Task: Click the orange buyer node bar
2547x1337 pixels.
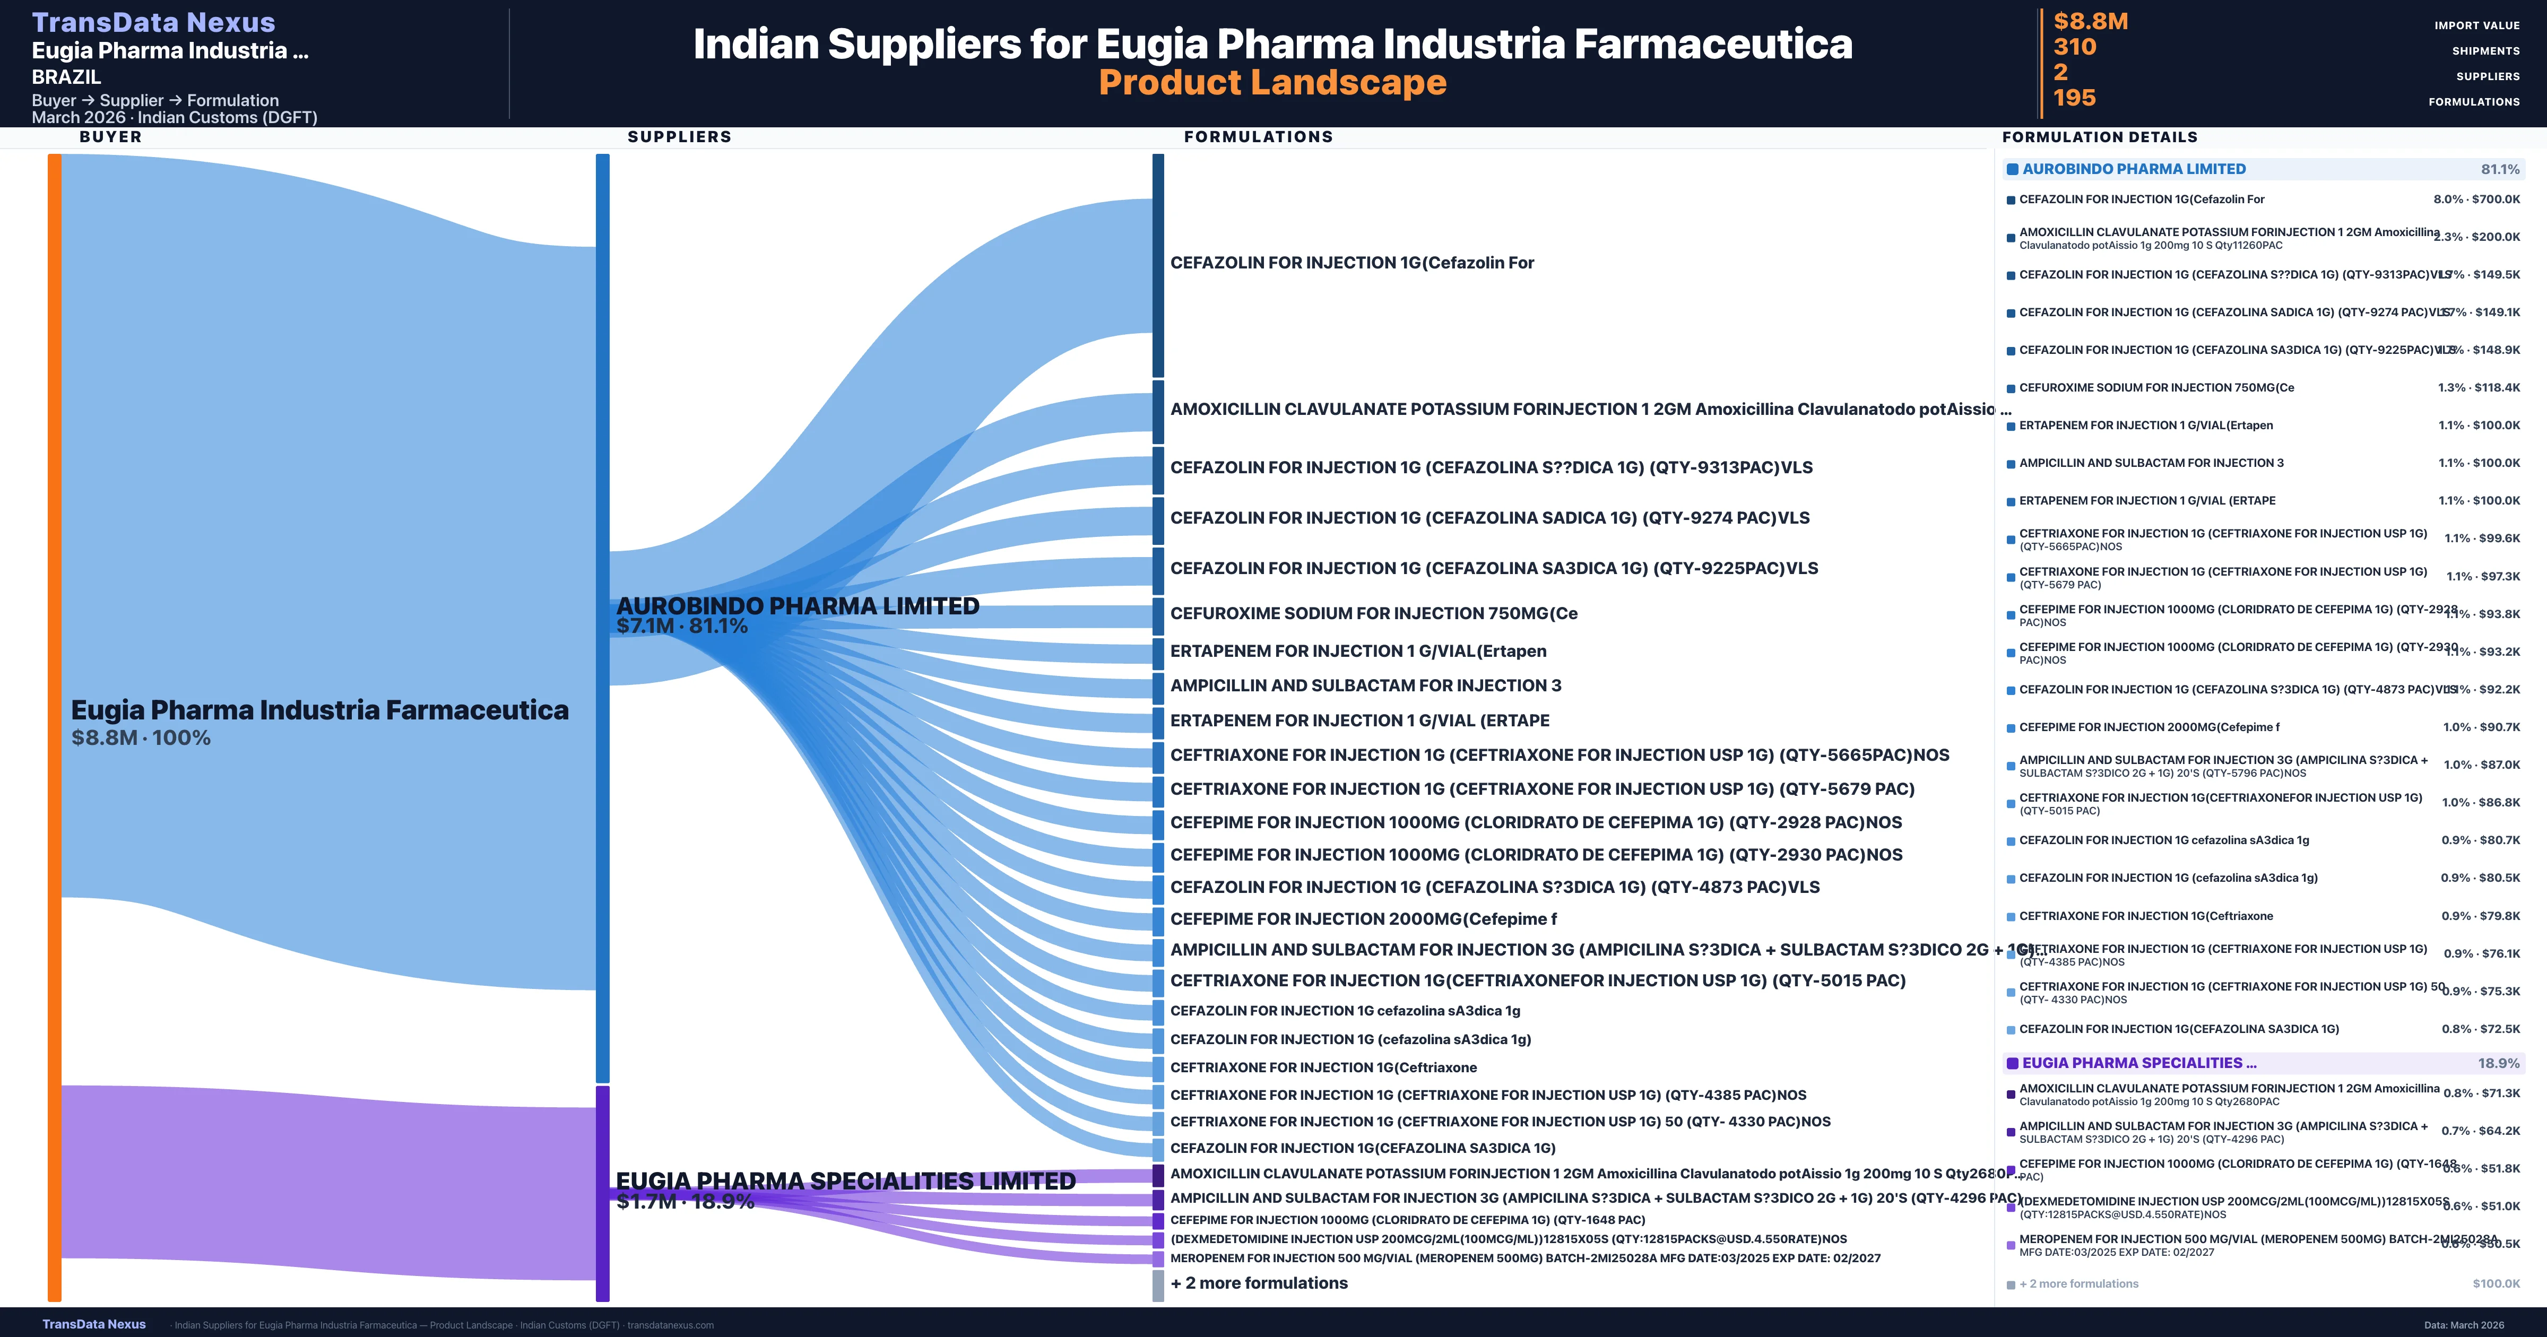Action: [54, 727]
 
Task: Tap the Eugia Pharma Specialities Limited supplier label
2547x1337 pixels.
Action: [845, 1181]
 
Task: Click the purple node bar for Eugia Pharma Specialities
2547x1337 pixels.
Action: [602, 1193]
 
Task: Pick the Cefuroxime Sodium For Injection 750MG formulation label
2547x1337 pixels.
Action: [1373, 613]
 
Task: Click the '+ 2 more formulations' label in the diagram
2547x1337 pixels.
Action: [1259, 1282]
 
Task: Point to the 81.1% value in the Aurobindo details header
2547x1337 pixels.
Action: [2500, 169]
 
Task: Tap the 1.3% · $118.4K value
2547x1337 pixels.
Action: [2478, 388]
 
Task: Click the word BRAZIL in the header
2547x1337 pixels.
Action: [66, 77]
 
